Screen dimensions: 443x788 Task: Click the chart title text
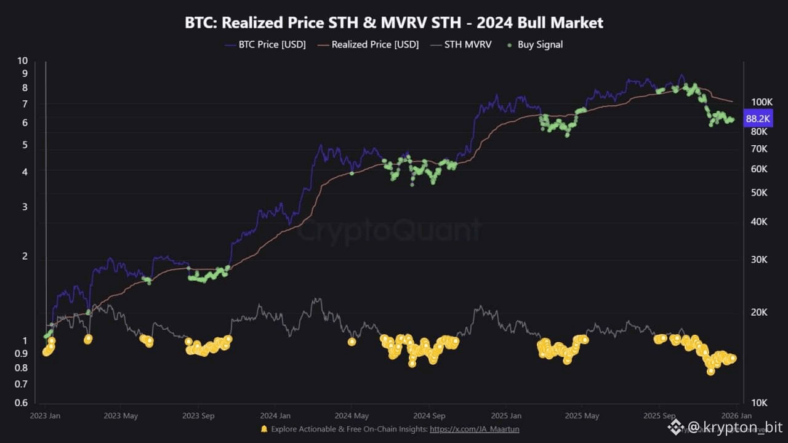click(394, 23)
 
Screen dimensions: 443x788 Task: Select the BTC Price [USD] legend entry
click(271, 44)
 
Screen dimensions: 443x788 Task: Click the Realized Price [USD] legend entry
click(375, 44)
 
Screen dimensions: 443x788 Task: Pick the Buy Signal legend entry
click(539, 44)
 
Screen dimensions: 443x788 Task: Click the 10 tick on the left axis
click(23, 60)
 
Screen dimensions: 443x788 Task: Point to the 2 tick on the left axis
click(25, 256)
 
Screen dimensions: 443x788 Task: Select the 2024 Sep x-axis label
click(429, 416)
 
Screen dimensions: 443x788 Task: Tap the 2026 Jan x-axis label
click(736, 416)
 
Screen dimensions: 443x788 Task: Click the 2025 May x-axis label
click(582, 416)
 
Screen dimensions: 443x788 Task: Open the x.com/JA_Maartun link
click(474, 429)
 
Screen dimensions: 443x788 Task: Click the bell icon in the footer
click(264, 429)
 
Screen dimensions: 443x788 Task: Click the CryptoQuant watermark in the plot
click(389, 231)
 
